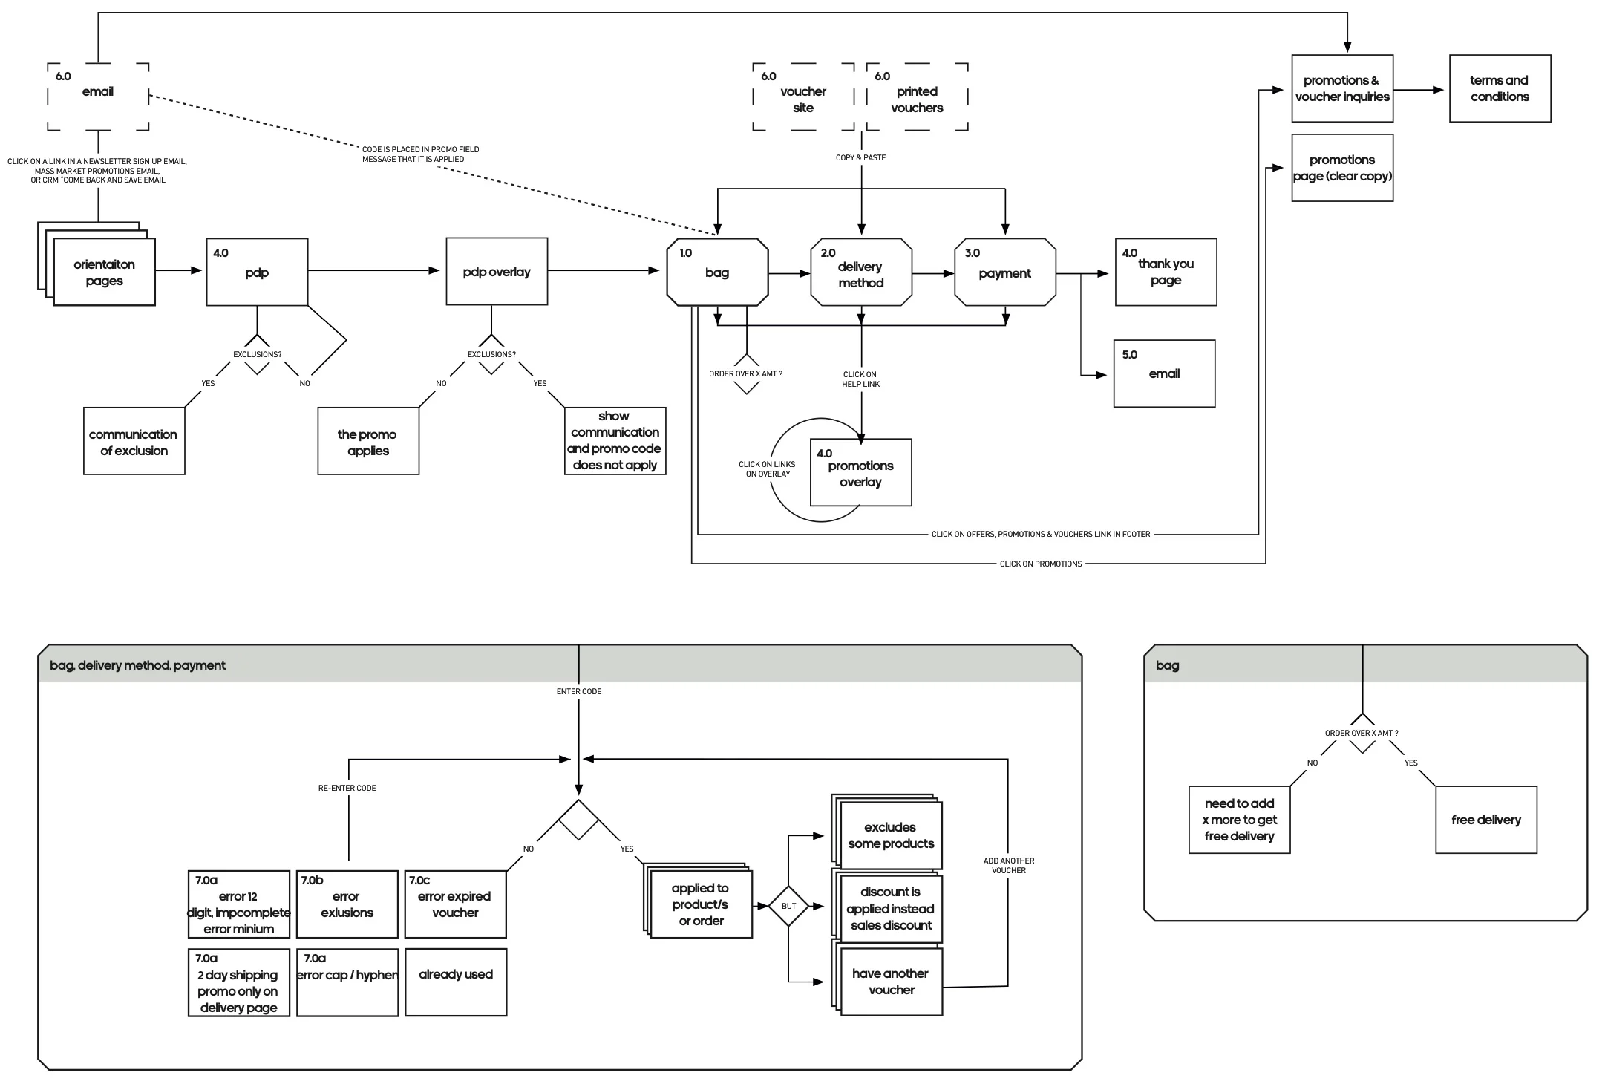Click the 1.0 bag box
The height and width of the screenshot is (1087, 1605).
(x=717, y=272)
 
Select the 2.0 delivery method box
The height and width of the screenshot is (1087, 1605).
(x=861, y=272)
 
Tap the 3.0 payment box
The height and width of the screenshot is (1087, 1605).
(x=1005, y=272)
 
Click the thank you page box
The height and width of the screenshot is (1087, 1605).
(x=1166, y=272)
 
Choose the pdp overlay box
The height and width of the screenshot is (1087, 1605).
(x=497, y=272)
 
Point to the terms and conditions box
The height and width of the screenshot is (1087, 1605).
(x=1500, y=88)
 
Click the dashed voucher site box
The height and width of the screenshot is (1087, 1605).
(x=803, y=97)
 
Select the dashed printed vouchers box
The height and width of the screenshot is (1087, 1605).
(x=918, y=97)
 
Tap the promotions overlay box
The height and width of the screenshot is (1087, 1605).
(x=861, y=473)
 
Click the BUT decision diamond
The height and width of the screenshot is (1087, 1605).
(x=788, y=906)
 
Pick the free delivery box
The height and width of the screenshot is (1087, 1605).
(x=1486, y=820)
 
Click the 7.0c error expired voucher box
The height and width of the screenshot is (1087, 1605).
(x=455, y=904)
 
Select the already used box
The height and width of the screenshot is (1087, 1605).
(x=455, y=982)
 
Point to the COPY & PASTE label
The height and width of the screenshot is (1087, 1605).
(x=860, y=158)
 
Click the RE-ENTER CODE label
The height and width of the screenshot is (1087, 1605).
(x=347, y=788)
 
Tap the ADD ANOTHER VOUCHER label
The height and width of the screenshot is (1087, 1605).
(x=1008, y=866)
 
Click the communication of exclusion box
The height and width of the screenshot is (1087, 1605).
(x=134, y=442)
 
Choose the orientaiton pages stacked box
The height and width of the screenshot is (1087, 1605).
(x=104, y=272)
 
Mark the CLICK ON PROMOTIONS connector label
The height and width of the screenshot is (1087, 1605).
(x=1041, y=564)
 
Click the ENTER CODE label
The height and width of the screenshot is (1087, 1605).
(x=579, y=691)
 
